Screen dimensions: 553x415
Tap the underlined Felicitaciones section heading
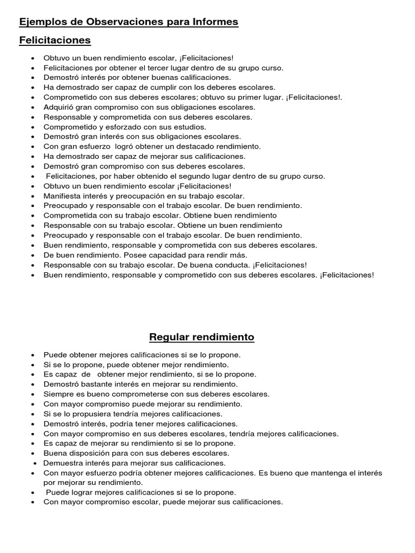point(55,41)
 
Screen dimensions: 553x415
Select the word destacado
point(192,146)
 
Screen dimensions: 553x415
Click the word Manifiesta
point(63,195)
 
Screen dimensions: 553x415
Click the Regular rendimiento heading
point(202,338)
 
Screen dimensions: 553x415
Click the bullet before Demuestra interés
point(36,463)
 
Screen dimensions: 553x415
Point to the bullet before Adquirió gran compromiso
point(34,107)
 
